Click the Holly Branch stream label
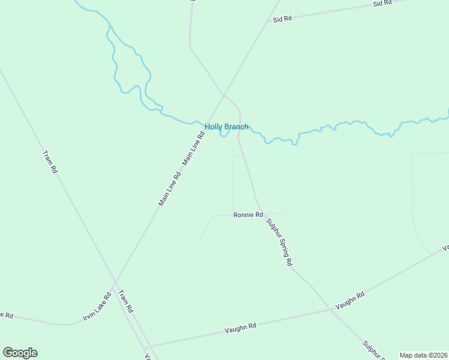point(226,127)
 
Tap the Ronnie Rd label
point(249,215)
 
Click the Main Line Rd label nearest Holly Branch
point(194,149)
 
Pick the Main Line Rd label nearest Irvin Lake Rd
point(169,190)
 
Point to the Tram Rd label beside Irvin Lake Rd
point(125,302)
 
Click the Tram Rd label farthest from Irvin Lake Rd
point(50,162)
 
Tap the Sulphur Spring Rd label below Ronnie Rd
point(280,241)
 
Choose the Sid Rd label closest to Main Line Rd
point(282,19)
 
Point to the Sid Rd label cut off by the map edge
point(382,3)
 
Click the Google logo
point(20,353)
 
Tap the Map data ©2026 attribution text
point(423,355)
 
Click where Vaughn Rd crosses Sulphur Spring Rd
point(331,309)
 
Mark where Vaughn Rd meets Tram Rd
point(146,347)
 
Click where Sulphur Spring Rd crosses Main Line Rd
point(224,94)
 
